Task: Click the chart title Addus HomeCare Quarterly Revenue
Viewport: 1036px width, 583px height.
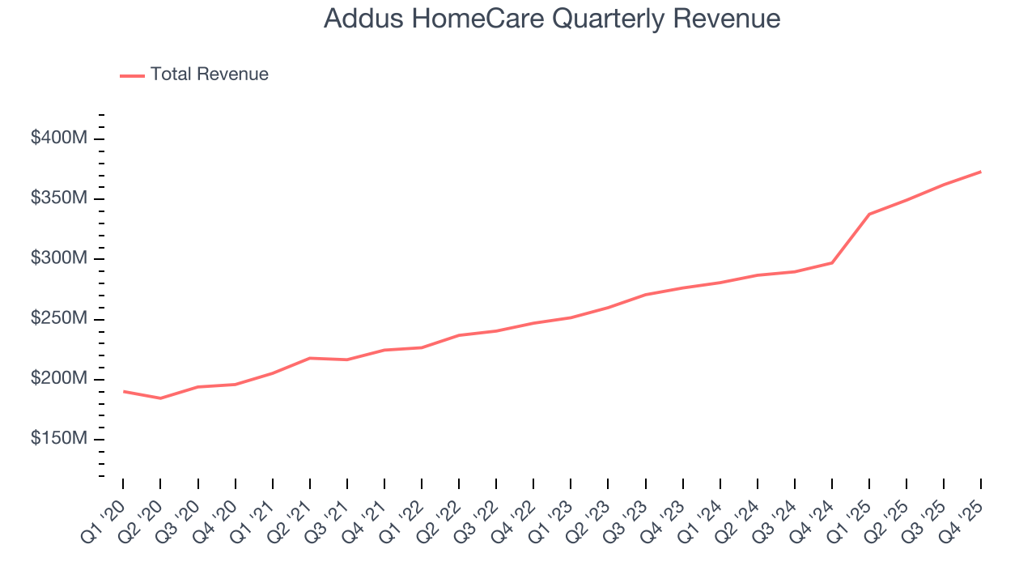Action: [x=552, y=19]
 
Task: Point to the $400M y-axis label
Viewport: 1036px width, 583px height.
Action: [x=58, y=138]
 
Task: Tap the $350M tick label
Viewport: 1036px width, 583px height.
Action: [x=58, y=198]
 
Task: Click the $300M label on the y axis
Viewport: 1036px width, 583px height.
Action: [x=58, y=258]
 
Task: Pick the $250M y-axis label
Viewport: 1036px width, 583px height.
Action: [x=58, y=319]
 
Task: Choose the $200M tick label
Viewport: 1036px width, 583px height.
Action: [x=58, y=379]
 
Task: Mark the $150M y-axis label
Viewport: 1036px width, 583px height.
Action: [x=58, y=439]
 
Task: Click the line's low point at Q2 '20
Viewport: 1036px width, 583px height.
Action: [x=160, y=398]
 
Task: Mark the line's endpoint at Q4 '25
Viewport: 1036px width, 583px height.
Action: [x=981, y=172]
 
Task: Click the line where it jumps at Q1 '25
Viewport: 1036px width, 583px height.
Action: [x=869, y=214]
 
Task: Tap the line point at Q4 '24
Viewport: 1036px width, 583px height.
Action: [x=832, y=262]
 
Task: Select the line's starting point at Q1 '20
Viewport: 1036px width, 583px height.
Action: [x=123, y=391]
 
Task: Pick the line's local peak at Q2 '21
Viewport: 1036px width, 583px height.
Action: [x=310, y=358]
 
